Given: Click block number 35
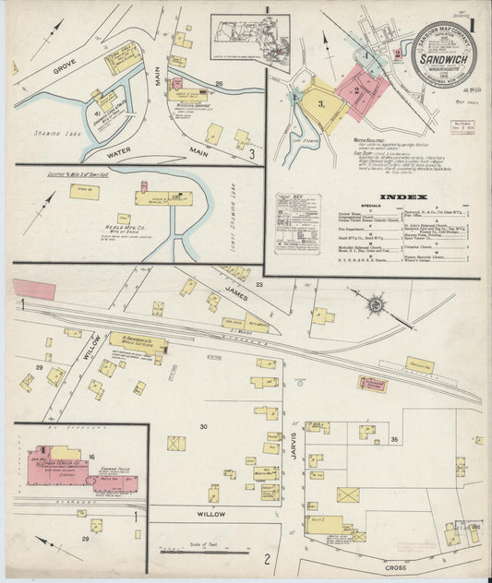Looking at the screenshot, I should pyautogui.click(x=394, y=440).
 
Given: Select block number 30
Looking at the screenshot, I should pyautogui.click(x=203, y=425).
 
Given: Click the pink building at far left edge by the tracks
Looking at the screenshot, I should pyautogui.click(x=34, y=289).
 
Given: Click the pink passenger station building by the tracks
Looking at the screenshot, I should pyautogui.click(x=372, y=384).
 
